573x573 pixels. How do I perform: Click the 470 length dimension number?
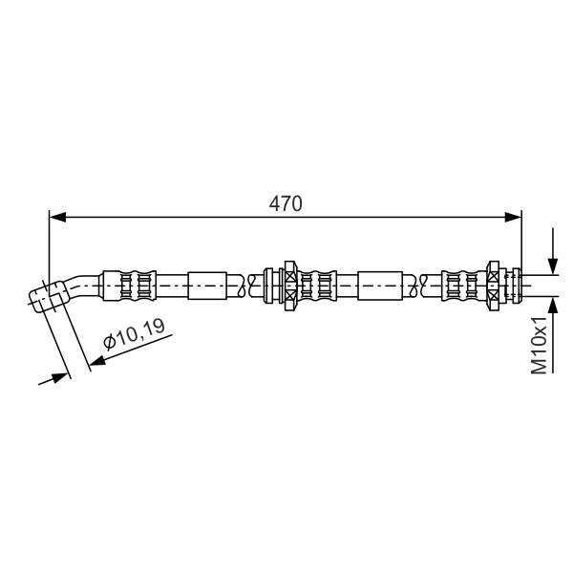[x=286, y=204]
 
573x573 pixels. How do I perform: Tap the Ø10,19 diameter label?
[x=134, y=334]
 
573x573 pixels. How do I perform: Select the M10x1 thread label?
[x=539, y=346]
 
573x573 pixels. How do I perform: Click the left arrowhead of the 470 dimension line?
[x=57, y=217]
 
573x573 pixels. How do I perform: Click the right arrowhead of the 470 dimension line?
[x=513, y=217]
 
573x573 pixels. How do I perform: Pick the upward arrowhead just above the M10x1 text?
[x=553, y=306]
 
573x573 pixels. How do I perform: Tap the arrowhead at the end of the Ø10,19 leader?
[x=97, y=361]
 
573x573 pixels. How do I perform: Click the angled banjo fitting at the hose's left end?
[x=50, y=296]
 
